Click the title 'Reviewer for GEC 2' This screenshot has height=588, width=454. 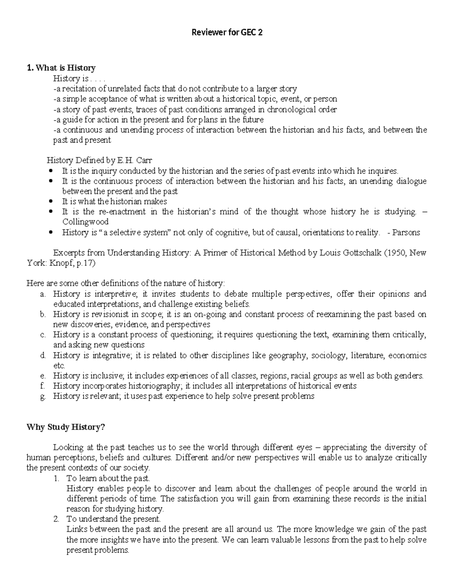[x=227, y=33]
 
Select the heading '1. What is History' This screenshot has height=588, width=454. [x=61, y=68]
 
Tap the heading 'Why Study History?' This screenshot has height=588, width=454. [x=65, y=427]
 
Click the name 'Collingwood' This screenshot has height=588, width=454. [x=85, y=222]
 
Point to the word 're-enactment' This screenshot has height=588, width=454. [x=122, y=212]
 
